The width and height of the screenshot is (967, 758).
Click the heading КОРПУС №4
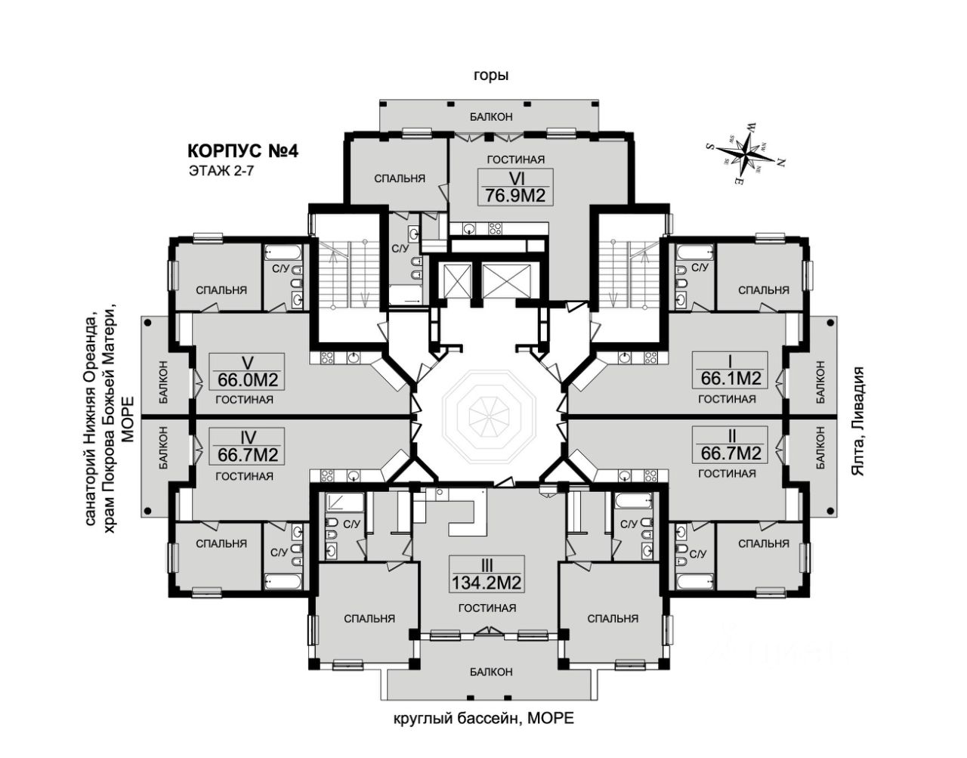(243, 151)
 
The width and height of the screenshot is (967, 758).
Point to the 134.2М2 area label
(487, 583)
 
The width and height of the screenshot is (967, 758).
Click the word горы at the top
(491, 75)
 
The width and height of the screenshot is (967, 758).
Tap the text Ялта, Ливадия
(857, 422)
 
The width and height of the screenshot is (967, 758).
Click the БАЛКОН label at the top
(491, 116)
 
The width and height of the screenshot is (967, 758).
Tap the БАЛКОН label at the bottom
(490, 671)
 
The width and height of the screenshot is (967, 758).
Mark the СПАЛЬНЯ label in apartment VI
(400, 178)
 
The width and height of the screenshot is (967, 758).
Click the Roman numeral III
(487, 565)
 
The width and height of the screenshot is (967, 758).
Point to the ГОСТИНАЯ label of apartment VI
(516, 159)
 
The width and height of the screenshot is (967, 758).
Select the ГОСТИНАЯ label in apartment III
(487, 608)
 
